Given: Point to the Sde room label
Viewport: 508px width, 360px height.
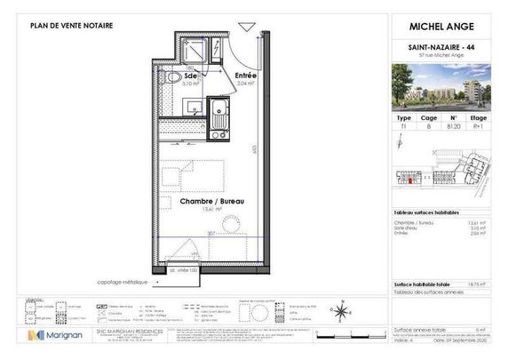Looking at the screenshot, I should (x=191, y=76).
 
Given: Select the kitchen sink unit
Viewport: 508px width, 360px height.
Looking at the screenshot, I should (x=218, y=111).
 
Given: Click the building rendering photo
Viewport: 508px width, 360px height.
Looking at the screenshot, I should (x=441, y=85).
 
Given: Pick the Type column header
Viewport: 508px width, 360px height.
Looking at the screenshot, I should (x=403, y=116).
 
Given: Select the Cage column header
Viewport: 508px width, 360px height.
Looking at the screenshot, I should (x=428, y=116).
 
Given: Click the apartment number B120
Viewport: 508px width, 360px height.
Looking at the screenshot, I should (x=453, y=127).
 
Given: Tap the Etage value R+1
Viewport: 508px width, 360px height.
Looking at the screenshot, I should (x=479, y=127).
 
